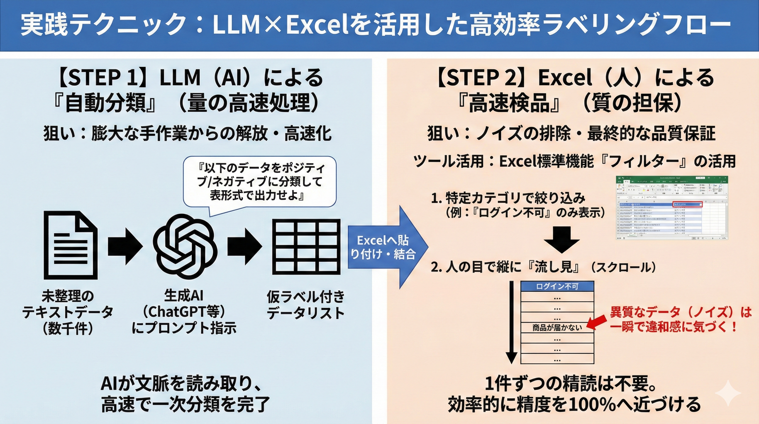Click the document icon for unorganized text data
[x=71, y=245]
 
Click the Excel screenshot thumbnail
[x=672, y=208]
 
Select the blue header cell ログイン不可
[x=557, y=286]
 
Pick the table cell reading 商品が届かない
[x=557, y=328]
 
